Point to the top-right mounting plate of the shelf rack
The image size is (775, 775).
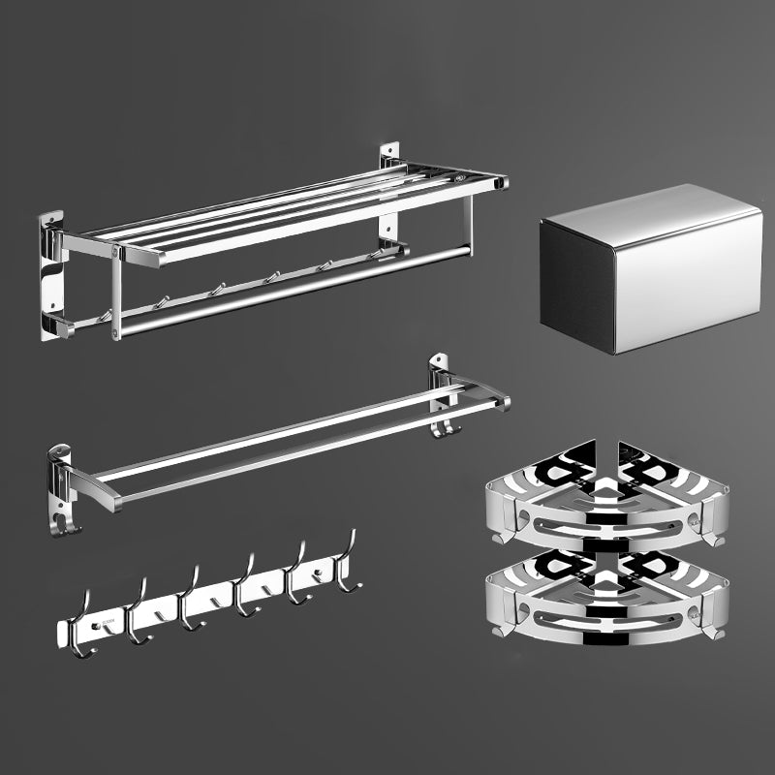coord(389,157)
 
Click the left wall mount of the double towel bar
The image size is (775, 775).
coord(60,475)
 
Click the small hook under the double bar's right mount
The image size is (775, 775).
coord(442,426)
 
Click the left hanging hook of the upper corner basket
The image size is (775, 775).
coord(502,533)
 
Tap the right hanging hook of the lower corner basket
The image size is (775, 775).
coord(715,630)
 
